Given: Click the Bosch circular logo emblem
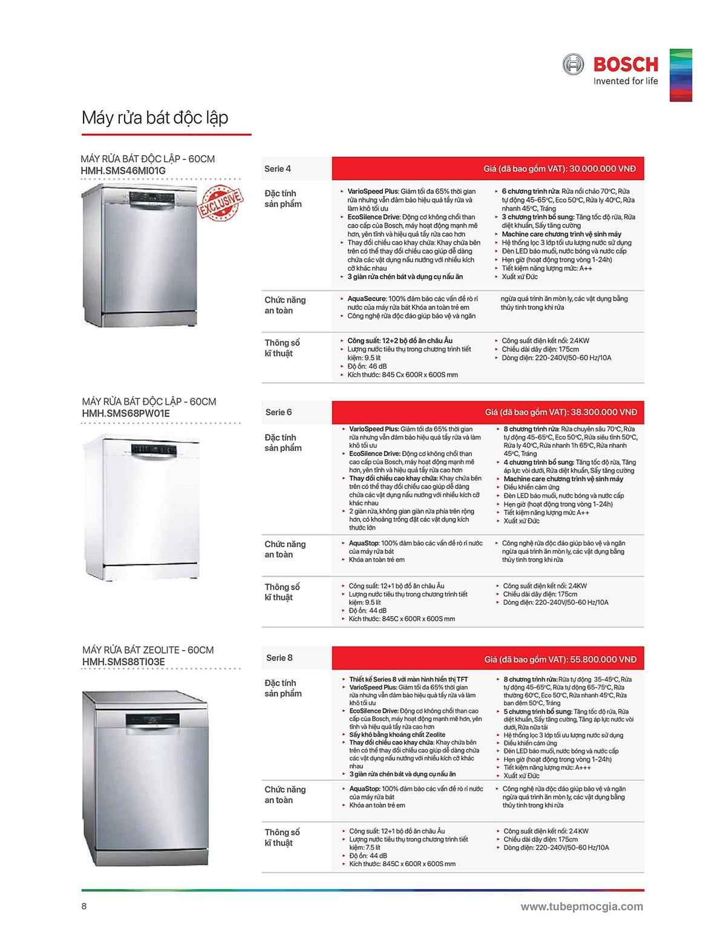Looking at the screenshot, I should click(573, 64).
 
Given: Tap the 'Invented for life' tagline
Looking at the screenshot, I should click(625, 81).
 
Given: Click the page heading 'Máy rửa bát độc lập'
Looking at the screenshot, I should click(155, 117).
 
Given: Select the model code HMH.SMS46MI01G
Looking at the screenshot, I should click(123, 171).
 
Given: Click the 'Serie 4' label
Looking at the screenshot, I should click(278, 169).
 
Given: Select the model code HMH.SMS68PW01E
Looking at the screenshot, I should click(126, 413).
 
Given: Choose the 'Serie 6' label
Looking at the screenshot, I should click(279, 412).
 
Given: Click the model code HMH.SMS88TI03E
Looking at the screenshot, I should click(123, 662).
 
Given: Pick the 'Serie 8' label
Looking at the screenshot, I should click(280, 657).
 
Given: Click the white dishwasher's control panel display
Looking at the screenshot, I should click(154, 449).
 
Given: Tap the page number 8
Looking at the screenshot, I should click(85, 906).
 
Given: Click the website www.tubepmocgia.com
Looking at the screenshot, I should click(581, 906).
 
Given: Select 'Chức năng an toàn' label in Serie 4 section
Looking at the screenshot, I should click(285, 305).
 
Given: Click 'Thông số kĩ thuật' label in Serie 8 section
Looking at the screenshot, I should click(282, 837).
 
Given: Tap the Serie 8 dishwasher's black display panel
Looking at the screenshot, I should click(154, 720).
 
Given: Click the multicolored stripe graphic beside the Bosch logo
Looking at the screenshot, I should click(681, 75).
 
